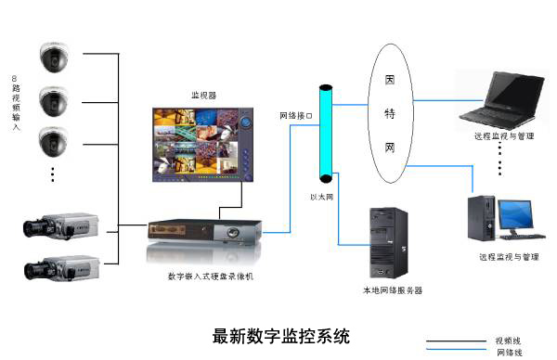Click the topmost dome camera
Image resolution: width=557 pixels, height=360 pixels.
[x=55, y=57]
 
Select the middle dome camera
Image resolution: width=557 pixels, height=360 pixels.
[x=55, y=98]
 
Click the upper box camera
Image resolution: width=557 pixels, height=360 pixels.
[x=58, y=226]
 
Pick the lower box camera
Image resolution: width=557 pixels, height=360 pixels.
[x=58, y=269]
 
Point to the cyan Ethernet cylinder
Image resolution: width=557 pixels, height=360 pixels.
[x=325, y=134]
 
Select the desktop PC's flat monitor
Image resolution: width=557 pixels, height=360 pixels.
[x=519, y=216]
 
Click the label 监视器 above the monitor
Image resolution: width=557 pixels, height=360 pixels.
[x=203, y=95]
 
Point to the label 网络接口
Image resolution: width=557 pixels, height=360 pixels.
[x=296, y=117]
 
